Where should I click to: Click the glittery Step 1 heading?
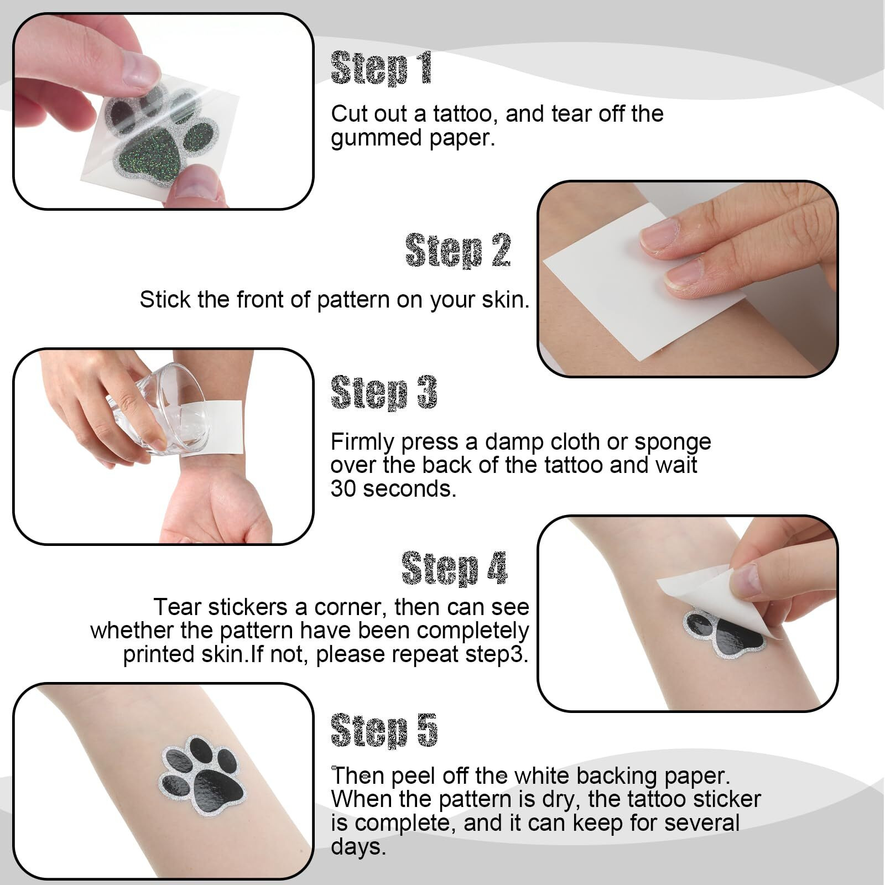381,69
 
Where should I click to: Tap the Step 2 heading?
458,250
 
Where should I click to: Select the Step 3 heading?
384,393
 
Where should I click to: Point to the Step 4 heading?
454,568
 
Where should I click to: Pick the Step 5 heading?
384,731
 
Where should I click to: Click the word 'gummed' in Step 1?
368,138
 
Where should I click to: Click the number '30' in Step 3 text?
343,489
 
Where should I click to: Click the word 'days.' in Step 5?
358,846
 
